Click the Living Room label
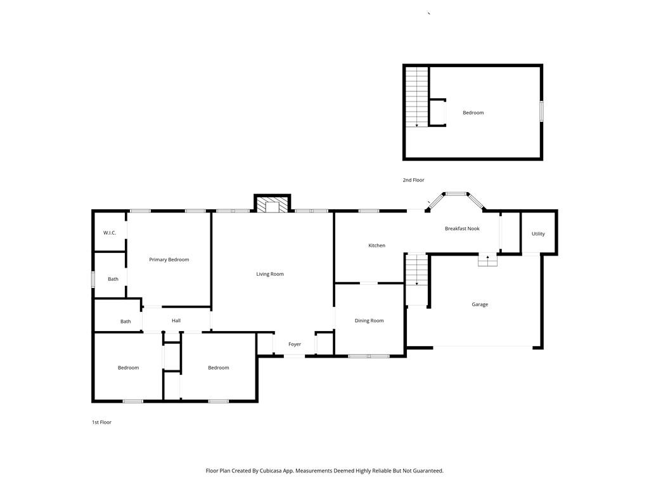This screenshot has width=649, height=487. [x=270, y=274]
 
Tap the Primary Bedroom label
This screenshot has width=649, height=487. [x=169, y=259]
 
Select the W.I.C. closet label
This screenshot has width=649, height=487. [x=110, y=233]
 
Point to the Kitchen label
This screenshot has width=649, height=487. [x=376, y=245]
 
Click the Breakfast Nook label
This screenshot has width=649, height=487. [x=462, y=228]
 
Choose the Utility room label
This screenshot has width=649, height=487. [x=538, y=234]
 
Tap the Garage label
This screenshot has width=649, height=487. [x=480, y=304]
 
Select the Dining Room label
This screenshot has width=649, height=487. [x=369, y=321]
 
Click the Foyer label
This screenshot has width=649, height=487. [x=295, y=344]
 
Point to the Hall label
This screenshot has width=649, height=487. [x=176, y=321]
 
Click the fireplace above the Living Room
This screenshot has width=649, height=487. [x=272, y=205]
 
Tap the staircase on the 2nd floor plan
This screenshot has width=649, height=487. [x=416, y=97]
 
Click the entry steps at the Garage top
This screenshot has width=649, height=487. [x=487, y=260]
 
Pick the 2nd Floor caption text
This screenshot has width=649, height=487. [x=413, y=180]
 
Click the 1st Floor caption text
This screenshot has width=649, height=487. [x=101, y=422]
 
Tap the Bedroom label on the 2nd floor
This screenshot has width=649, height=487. [x=473, y=113]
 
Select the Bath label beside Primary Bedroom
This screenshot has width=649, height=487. [x=113, y=279]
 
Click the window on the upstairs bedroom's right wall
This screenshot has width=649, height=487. [x=541, y=111]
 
